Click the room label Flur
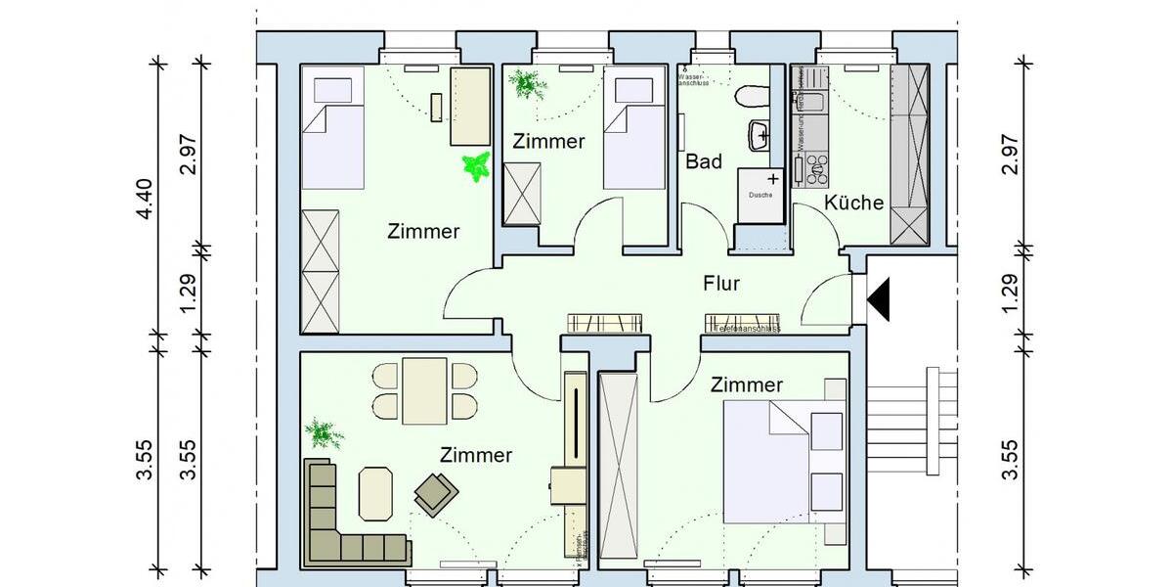click(x=721, y=285)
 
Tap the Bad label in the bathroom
click(x=704, y=161)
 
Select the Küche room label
click(x=853, y=203)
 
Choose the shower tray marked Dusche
click(x=761, y=192)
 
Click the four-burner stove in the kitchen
click(x=814, y=168)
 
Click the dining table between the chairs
click(x=424, y=390)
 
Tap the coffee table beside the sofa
click(x=375, y=494)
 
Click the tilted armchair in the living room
click(x=435, y=493)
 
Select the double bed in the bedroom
click(x=782, y=461)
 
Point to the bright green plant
click(x=476, y=166)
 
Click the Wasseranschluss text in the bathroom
click(x=691, y=78)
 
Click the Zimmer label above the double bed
click(x=747, y=385)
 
